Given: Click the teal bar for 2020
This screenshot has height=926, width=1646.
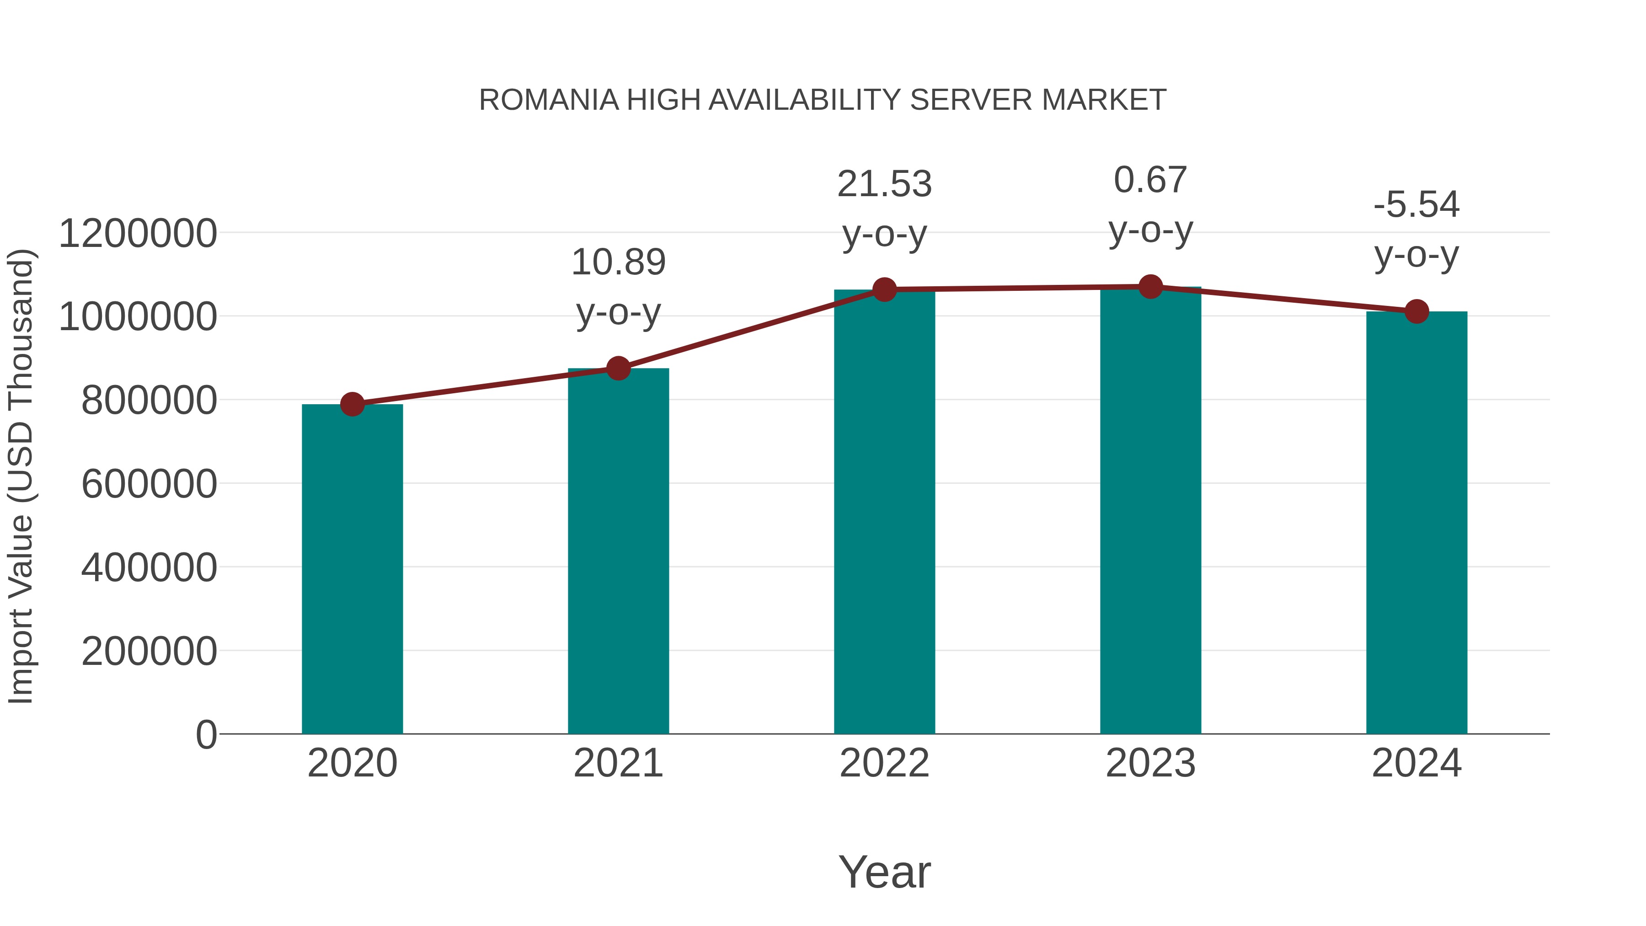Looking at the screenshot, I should [352, 569].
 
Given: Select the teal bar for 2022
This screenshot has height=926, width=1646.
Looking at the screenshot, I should [884, 511].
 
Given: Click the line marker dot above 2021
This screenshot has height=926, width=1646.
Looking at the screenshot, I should [618, 368].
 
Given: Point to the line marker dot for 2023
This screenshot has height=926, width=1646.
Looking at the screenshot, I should [1150, 287].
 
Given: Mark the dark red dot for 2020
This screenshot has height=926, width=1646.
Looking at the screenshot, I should [352, 404].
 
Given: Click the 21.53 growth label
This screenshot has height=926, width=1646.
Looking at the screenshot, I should [884, 184].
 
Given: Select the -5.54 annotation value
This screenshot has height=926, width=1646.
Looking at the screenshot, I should [1416, 204].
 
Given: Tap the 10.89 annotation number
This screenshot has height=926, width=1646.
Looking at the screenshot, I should [618, 262].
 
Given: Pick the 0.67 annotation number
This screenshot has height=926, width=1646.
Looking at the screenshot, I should [1150, 180].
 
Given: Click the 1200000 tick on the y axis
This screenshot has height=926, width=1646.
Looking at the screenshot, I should [137, 233].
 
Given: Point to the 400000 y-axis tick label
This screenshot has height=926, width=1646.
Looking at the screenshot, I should [149, 567].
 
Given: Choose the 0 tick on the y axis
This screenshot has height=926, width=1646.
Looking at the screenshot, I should [206, 735].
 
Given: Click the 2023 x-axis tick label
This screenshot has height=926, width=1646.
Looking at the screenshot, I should [1150, 763].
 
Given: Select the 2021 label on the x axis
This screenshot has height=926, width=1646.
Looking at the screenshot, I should [618, 763].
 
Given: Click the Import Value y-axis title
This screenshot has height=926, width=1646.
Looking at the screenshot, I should [21, 476].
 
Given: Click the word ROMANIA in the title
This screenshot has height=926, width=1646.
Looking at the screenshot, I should [549, 100].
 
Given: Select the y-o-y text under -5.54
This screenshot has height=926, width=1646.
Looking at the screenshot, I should [1416, 255].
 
